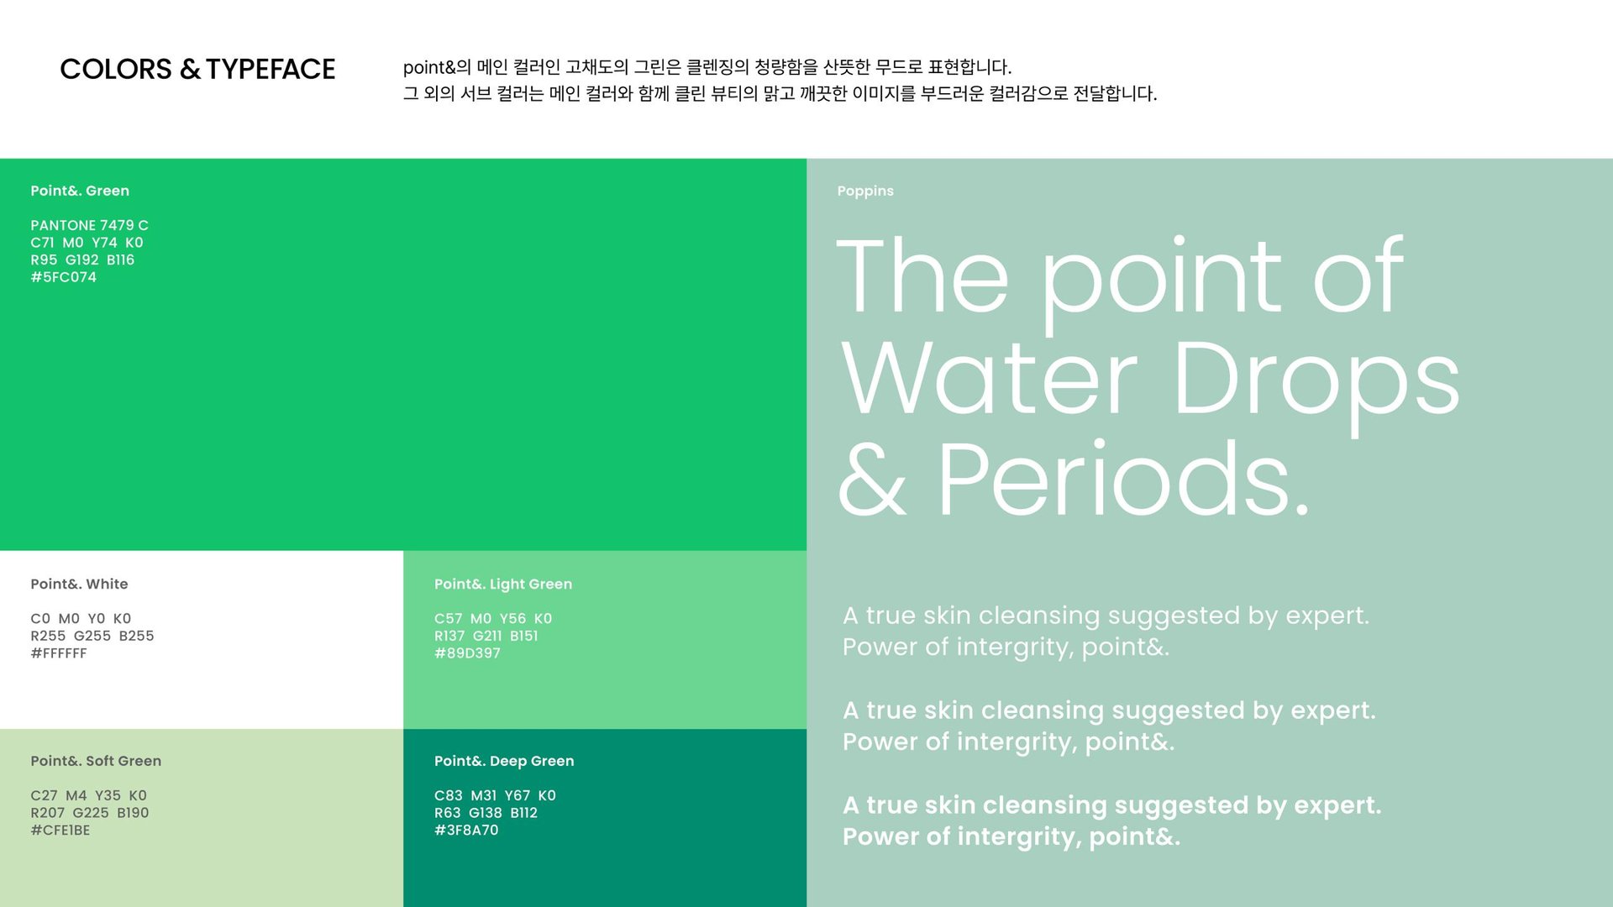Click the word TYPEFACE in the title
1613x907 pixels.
pyautogui.click(x=271, y=69)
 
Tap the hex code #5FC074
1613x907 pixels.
pyautogui.click(x=64, y=277)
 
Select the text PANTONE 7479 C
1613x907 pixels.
pyautogui.click(x=89, y=225)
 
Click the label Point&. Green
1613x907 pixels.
pyautogui.click(x=80, y=191)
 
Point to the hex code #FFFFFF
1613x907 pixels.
pyautogui.click(x=59, y=653)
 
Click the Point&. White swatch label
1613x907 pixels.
pyautogui.click(x=79, y=584)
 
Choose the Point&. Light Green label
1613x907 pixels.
pyautogui.click(x=503, y=584)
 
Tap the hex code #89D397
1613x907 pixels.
pyautogui.click(x=467, y=653)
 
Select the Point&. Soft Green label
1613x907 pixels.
pyautogui.click(x=96, y=761)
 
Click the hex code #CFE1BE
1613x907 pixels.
pyautogui.click(x=60, y=831)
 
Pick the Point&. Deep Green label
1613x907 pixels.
pyautogui.click(x=504, y=761)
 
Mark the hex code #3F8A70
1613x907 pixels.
pyautogui.click(x=466, y=831)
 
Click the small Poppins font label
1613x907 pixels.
pyautogui.click(x=865, y=191)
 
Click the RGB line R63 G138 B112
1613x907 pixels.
pyautogui.click(x=486, y=813)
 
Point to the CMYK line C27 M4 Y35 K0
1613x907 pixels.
pyautogui.click(x=88, y=795)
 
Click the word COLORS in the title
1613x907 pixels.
pyautogui.click(x=116, y=69)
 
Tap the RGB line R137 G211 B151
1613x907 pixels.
pyautogui.click(x=486, y=636)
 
